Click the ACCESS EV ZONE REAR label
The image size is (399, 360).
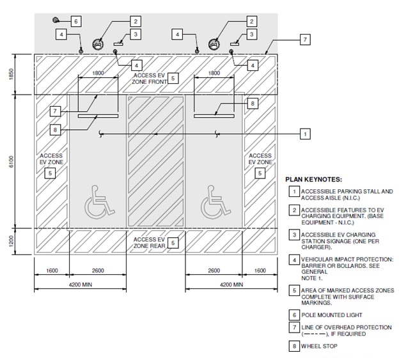click(x=148, y=242)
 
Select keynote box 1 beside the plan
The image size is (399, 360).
click(x=306, y=134)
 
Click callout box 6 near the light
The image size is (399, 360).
click(x=75, y=21)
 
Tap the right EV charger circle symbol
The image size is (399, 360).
click(x=215, y=44)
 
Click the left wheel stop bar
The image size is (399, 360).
click(x=98, y=116)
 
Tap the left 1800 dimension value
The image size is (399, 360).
click(x=98, y=74)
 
